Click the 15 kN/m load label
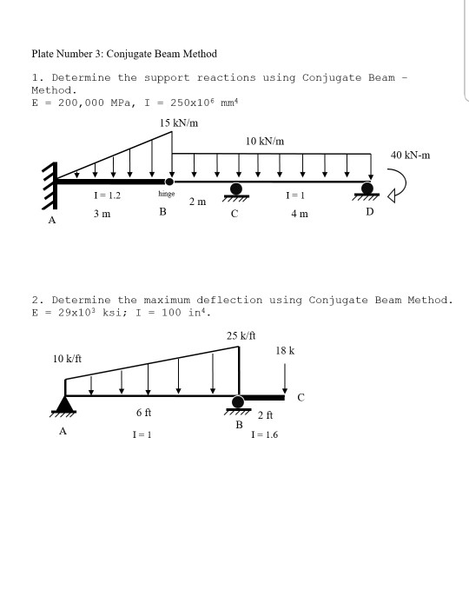point(179,123)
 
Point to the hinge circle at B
point(169,182)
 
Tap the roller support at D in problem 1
point(368,189)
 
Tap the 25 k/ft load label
point(238,335)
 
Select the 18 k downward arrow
point(285,375)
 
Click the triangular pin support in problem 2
point(64,403)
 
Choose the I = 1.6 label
point(265,434)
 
